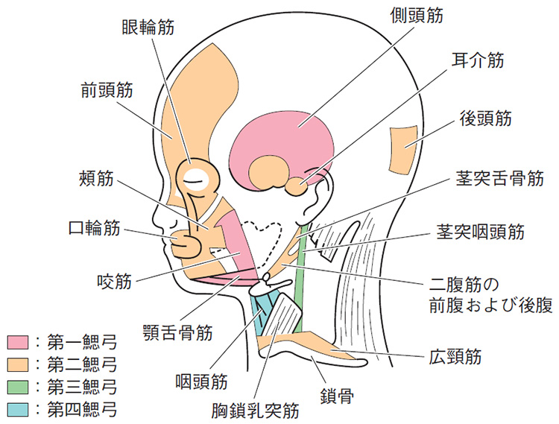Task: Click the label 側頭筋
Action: tap(417, 16)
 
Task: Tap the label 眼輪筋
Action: tap(148, 27)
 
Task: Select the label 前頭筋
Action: tap(107, 89)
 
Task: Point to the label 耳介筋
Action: tap(478, 60)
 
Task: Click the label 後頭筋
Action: tap(485, 118)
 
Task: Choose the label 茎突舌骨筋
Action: tap(500, 178)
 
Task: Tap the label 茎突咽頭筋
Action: tap(481, 232)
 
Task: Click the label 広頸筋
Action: tap(455, 356)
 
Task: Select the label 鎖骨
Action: tap(337, 396)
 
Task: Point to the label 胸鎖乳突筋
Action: tap(255, 411)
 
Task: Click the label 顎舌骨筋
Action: tap(177, 332)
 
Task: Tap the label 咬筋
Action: tap(115, 281)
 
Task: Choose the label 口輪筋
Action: tap(94, 228)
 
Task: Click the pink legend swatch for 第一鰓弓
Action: tap(17, 343)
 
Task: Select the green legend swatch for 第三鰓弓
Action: tap(17, 387)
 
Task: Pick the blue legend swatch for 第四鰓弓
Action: tap(17, 410)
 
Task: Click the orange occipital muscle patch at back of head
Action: tap(403, 150)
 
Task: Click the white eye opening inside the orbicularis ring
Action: tap(195, 178)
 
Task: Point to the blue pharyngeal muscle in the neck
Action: tap(262, 314)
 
